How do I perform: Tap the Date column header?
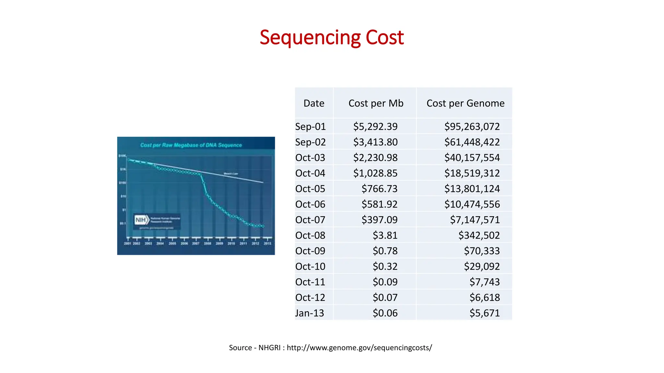pos(314,103)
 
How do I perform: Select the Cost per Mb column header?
pos(375,103)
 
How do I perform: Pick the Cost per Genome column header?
pos(465,103)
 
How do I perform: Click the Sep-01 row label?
pos(310,127)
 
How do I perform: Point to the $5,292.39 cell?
pos(375,127)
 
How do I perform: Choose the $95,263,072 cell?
pos(472,127)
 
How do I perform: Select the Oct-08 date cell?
pos(310,235)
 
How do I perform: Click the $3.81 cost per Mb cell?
pos(385,235)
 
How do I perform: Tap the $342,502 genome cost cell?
pos(479,235)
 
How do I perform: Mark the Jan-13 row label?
pos(309,313)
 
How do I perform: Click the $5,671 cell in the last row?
pos(484,313)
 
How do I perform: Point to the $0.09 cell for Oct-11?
pos(385,282)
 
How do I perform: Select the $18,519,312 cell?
pos(472,173)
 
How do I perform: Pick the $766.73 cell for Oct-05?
pos(379,189)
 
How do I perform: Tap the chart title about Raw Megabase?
pos(191,145)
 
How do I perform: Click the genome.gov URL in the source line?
pos(359,348)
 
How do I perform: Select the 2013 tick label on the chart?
pos(267,243)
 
